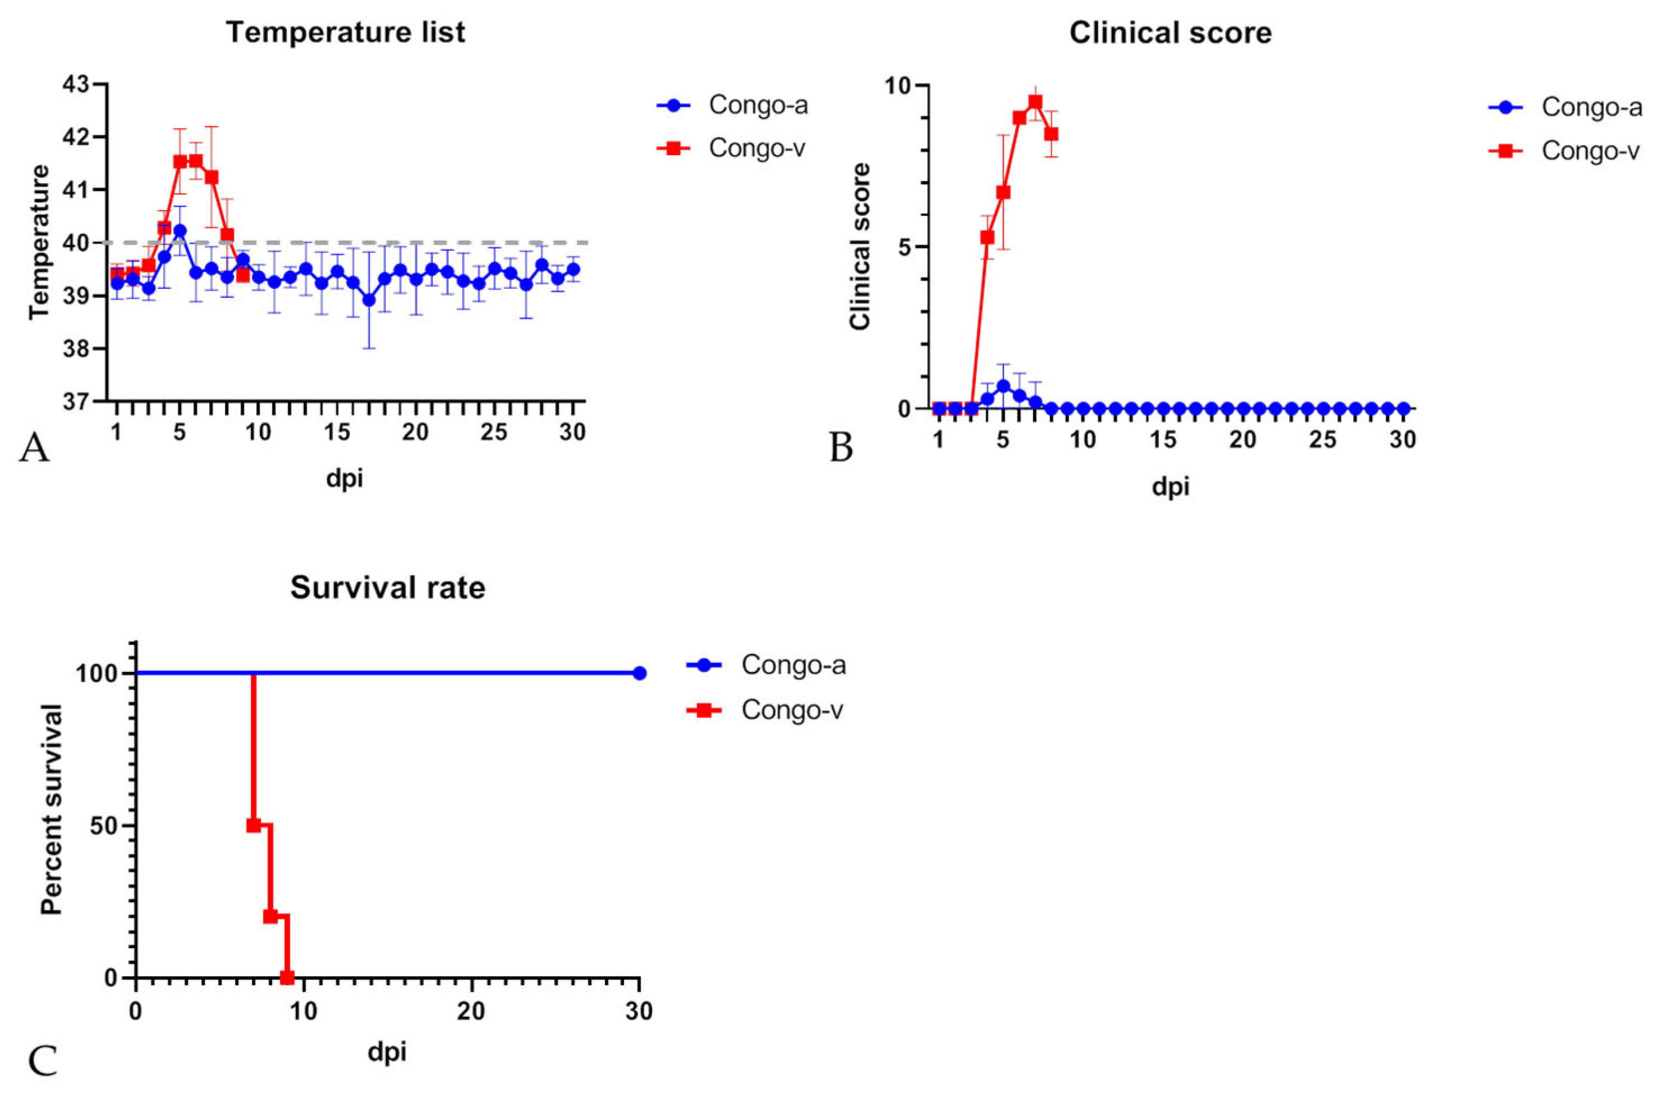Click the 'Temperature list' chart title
(x=345, y=33)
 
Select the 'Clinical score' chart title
(x=1170, y=33)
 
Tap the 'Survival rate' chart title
(x=388, y=588)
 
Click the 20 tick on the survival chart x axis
(x=471, y=1011)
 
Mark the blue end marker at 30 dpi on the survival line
(x=639, y=673)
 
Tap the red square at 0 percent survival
(x=287, y=977)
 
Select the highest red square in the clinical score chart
(x=1035, y=102)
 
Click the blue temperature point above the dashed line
(x=180, y=230)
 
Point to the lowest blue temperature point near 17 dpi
(x=369, y=300)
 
